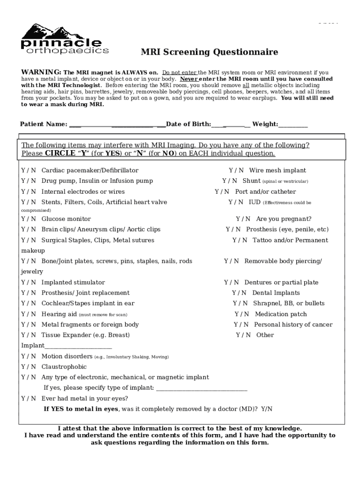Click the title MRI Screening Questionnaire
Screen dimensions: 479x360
point(209,52)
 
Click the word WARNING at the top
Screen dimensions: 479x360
point(41,73)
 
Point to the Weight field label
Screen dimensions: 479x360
point(265,124)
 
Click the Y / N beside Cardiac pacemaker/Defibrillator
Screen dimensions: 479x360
point(29,170)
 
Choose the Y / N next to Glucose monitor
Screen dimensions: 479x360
point(29,219)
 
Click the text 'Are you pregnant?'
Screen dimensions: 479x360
point(284,219)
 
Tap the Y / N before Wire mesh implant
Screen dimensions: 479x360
point(236,170)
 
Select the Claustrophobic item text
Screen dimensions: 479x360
point(64,367)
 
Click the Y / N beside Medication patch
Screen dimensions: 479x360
point(242,314)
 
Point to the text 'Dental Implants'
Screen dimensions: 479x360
point(276,293)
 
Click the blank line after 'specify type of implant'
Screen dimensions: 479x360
point(202,388)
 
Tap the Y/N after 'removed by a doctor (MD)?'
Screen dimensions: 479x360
point(266,409)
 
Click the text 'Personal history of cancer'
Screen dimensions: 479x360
point(293,325)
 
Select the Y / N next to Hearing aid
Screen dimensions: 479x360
point(29,314)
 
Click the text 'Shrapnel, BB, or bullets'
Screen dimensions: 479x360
point(289,303)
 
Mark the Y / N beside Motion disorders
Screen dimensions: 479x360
point(29,356)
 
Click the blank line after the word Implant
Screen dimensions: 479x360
point(79,346)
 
